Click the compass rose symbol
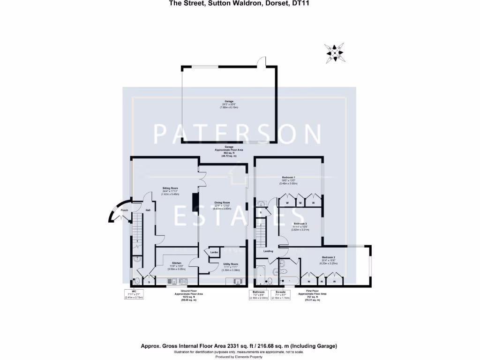pos(335,52)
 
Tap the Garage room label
pos(229,101)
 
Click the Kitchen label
pos(177,263)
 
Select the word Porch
pos(124,210)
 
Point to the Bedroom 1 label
pos(294,177)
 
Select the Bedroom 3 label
pos(300,224)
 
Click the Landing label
pos(268,251)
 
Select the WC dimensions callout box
pos(134,294)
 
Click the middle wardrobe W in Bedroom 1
pos(300,203)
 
